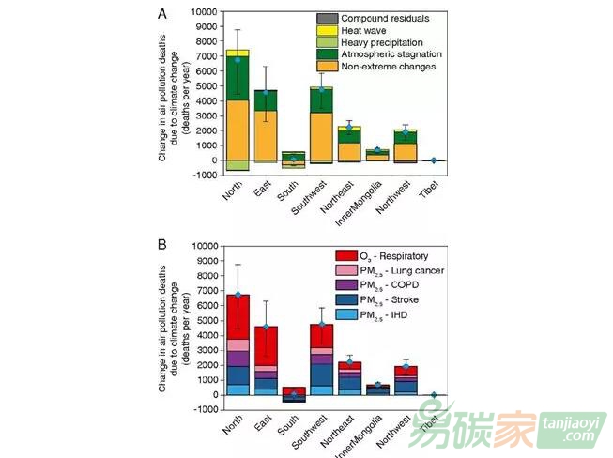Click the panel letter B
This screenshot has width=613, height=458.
click(162, 245)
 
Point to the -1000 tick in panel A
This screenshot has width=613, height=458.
click(201, 175)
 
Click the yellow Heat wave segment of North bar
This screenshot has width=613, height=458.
click(238, 53)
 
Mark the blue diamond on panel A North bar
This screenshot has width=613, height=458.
click(238, 61)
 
